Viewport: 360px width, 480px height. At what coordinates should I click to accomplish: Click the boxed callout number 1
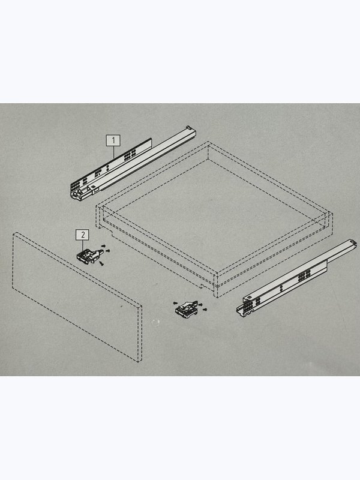pos(113,140)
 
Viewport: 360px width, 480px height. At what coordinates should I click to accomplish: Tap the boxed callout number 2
pos(83,235)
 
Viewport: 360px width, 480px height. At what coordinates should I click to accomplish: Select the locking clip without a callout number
pos(187,309)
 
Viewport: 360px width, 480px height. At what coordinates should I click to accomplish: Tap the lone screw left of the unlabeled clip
pos(175,303)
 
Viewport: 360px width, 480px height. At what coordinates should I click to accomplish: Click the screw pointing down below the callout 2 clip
pos(102,263)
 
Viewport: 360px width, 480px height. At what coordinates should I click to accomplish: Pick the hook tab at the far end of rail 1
pos(188,127)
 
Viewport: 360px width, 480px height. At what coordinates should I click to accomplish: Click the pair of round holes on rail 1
pos(107,168)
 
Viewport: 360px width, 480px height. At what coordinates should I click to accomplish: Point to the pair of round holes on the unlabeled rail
pos(281,289)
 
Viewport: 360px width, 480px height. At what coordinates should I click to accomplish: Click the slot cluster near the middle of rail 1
pos(130,155)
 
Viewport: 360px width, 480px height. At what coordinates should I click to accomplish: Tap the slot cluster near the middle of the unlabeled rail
pos(304,275)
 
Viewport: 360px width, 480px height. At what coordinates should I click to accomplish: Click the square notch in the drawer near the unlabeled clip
pos(202,287)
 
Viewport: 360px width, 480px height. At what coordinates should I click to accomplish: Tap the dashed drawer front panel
pos(77,297)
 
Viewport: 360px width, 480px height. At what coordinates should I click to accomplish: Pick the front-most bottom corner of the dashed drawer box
pos(217,297)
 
